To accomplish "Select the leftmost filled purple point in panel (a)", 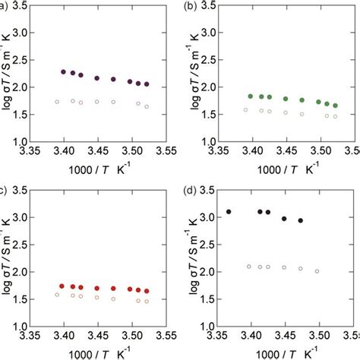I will (x=63, y=72).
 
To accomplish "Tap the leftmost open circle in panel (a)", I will (x=57, y=102).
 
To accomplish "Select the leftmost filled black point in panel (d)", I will (x=229, y=212).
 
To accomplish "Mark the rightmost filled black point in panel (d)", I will (x=300, y=221).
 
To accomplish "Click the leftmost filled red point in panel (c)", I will (x=62, y=286).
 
